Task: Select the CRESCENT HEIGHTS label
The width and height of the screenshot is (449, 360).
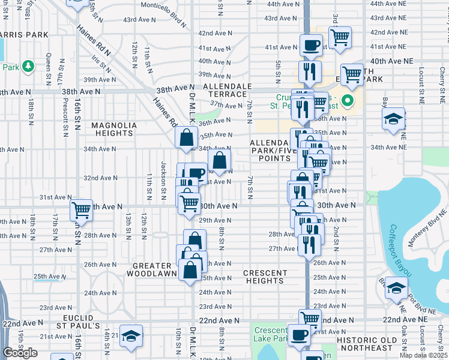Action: click(x=265, y=277)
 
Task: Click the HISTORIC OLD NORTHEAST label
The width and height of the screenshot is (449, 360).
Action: click(x=373, y=344)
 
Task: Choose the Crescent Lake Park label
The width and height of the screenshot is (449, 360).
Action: click(x=270, y=335)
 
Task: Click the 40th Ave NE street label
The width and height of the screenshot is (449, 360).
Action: click(x=392, y=61)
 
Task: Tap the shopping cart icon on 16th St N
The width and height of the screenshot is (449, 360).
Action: click(x=81, y=210)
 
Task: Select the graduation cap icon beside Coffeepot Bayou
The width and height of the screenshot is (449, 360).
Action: click(x=396, y=289)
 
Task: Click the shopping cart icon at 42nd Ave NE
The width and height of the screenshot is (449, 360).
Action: click(x=340, y=37)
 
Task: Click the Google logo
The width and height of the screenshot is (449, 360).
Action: click(x=20, y=352)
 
